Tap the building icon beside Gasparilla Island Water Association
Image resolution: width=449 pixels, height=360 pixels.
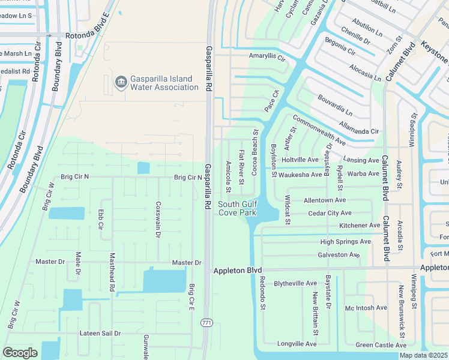(120, 80)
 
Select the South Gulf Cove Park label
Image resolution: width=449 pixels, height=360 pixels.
(237, 208)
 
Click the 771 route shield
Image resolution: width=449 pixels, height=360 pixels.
(206, 323)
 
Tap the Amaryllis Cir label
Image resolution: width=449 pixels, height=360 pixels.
(267, 56)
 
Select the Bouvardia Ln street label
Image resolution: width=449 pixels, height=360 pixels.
(334, 104)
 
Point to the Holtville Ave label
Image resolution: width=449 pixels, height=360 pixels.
(300, 160)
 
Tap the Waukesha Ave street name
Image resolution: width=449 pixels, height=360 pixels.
(300, 175)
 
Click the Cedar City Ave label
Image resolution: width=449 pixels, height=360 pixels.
(329, 213)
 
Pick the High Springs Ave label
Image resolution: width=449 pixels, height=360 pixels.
(345, 242)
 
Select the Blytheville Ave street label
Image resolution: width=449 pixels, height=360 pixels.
(295, 283)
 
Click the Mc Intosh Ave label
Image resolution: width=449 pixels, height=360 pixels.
(366, 308)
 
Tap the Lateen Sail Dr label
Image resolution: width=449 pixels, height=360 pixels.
(100, 333)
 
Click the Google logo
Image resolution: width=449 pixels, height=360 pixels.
(20, 352)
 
